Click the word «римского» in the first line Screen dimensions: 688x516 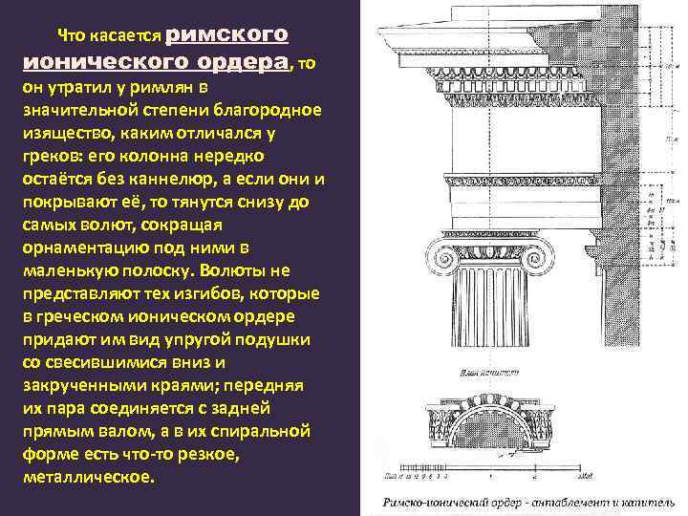pyautogui.click(x=226, y=34)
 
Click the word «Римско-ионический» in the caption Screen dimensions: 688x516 pyautogui.click(x=420, y=501)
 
